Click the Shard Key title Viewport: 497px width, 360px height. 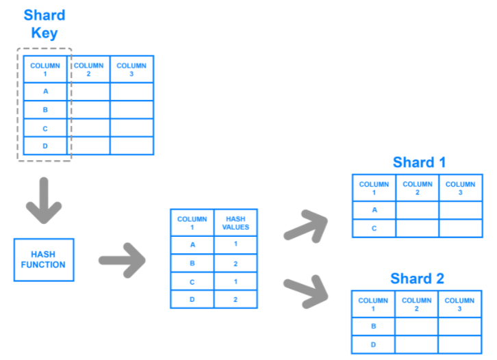[44, 24]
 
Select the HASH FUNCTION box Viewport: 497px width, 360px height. [44, 260]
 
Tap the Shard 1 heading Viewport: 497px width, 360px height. [419, 162]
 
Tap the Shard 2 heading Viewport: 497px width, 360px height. [417, 279]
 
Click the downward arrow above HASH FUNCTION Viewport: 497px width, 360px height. [44, 201]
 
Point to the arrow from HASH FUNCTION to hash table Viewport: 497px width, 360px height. [122, 261]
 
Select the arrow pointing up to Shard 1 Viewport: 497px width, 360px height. [306, 227]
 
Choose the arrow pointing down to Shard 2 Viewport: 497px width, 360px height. [306, 292]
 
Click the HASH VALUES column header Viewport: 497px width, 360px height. [235, 223]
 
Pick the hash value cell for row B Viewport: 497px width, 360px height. [235, 263]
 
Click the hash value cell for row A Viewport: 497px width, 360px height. [235, 244]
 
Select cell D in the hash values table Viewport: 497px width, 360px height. [192, 300]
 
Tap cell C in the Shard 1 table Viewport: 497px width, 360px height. [374, 228]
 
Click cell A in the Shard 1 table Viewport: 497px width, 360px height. [374, 210]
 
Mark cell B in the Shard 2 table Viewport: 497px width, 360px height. [373, 326]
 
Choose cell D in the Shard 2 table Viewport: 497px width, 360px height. [373, 344]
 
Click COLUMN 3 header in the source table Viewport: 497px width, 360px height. [131, 69]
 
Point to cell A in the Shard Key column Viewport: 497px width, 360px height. [45, 92]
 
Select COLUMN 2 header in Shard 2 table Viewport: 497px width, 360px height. [416, 305]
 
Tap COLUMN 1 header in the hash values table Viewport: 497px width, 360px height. [192, 223]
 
